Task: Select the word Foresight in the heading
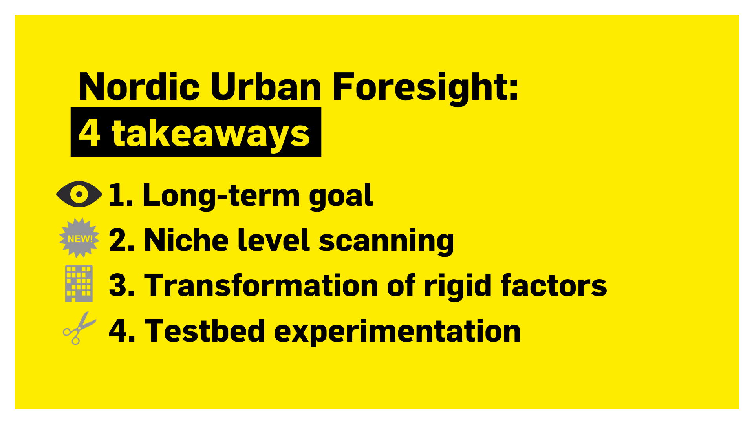(425, 88)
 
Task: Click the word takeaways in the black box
(210, 133)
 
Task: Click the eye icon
(79, 194)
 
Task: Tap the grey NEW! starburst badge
(79, 238)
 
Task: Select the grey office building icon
(79, 283)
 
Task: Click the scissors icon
(79, 328)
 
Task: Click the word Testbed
(205, 331)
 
